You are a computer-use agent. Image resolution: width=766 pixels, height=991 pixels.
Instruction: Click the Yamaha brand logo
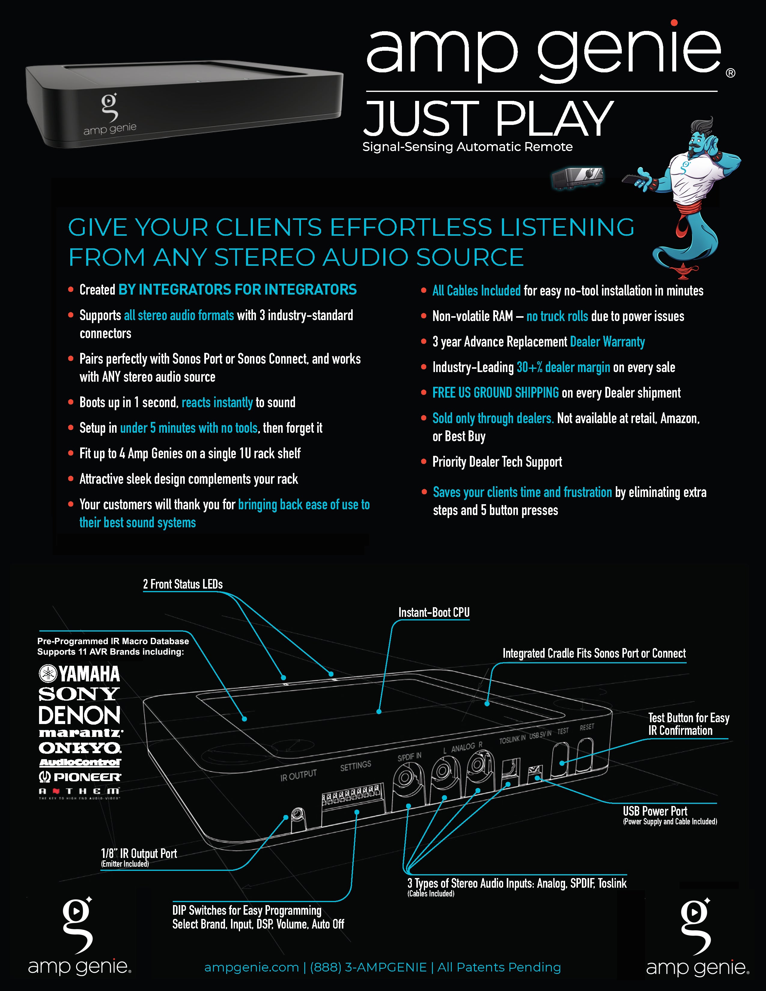(x=79, y=674)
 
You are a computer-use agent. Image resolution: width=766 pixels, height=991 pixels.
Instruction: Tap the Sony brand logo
(x=79, y=694)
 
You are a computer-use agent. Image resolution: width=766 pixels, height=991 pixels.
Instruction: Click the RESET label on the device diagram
(x=587, y=727)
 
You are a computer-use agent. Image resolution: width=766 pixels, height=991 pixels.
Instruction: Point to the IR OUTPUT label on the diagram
(x=298, y=775)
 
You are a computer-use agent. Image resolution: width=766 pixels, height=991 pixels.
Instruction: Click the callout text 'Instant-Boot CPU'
(x=434, y=613)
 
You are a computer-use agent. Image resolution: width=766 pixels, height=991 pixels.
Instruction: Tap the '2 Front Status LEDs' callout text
(x=183, y=584)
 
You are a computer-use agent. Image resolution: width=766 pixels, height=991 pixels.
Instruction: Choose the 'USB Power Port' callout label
(x=655, y=811)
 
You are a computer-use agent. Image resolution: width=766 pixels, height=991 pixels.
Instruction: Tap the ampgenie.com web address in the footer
(x=251, y=967)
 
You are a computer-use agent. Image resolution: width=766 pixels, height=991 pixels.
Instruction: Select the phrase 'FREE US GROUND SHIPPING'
(x=496, y=393)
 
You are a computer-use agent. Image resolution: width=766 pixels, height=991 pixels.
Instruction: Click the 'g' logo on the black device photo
(x=109, y=107)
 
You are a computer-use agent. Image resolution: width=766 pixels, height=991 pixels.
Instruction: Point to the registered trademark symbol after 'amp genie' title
(x=731, y=73)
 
